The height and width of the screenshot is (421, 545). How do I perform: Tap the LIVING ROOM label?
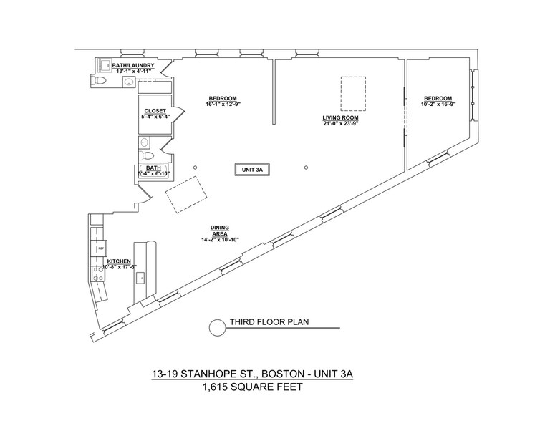click(339, 117)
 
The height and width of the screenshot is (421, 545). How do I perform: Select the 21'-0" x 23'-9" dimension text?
click(339, 123)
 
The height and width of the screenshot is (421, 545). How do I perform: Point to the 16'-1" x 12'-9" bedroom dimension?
click(223, 104)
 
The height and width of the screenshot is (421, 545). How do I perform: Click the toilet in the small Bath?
click(148, 155)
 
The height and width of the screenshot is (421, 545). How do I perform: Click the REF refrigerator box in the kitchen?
click(101, 248)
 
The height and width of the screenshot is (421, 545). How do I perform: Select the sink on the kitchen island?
click(141, 276)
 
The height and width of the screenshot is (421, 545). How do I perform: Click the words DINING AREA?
click(219, 230)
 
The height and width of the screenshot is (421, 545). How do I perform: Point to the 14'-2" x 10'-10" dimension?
click(219, 239)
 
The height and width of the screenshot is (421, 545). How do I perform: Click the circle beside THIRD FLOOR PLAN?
click(216, 327)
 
